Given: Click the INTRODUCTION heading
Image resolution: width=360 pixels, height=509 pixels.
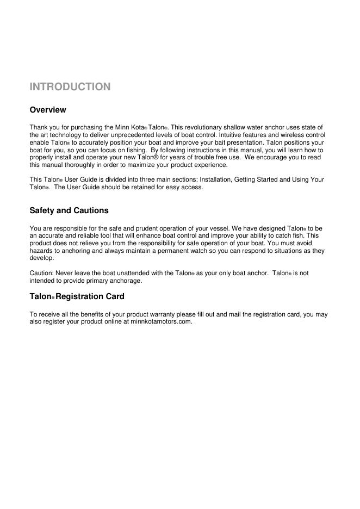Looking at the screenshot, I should click(x=70, y=87).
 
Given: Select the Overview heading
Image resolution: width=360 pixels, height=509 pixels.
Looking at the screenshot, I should click(x=48, y=110).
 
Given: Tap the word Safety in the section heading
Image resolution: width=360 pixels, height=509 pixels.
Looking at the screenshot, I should click(x=42, y=210).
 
